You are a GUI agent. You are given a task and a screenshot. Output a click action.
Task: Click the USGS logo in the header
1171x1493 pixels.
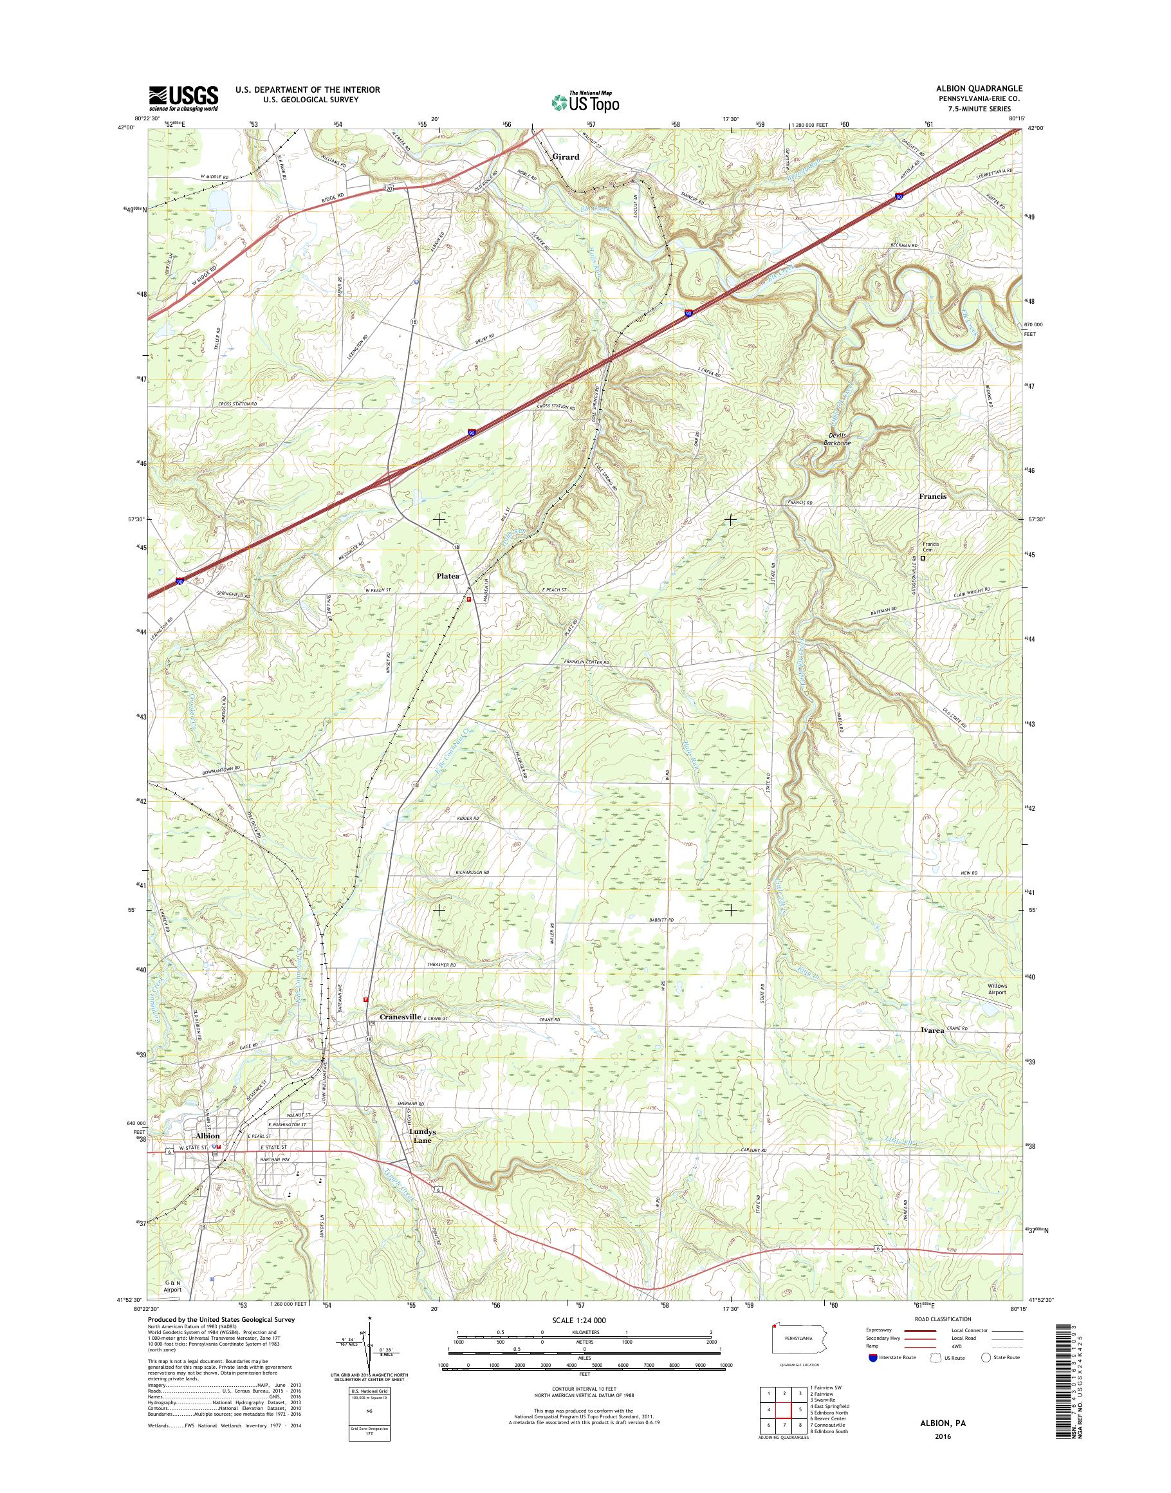click(184, 98)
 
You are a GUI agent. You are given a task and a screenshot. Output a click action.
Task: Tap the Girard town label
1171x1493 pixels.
click(566, 157)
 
